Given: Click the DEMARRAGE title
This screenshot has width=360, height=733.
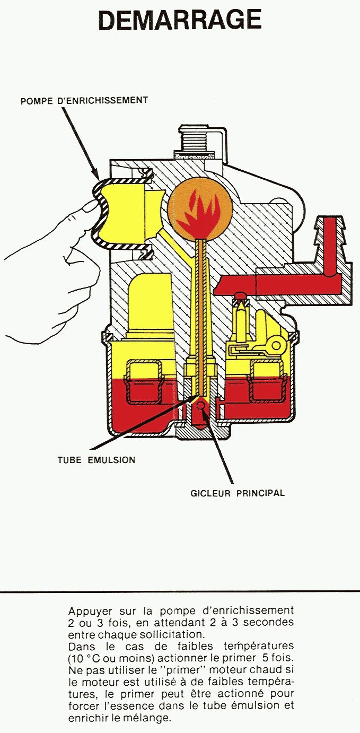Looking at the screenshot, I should [x=180, y=20].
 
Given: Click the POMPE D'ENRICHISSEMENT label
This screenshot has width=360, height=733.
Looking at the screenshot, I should [x=84, y=100].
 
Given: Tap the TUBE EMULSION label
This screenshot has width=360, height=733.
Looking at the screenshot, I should [x=96, y=460].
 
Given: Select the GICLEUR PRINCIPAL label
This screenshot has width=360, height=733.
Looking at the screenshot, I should [x=238, y=493].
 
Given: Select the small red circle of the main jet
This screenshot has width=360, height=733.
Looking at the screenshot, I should [x=201, y=406].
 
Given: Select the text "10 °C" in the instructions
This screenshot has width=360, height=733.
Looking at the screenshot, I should [x=84, y=658].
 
